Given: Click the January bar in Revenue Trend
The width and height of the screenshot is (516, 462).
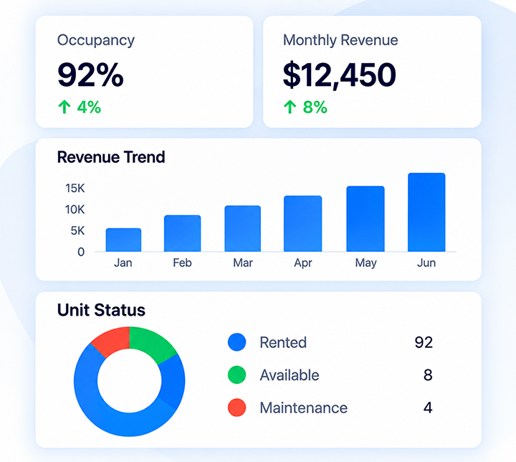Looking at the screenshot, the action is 123,240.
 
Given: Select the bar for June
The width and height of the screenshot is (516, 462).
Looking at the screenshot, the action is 426,212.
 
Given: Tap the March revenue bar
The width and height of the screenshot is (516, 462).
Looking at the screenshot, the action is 243,229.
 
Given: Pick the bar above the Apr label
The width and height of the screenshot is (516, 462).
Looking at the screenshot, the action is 302,224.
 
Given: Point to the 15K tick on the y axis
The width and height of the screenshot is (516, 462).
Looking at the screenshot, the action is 75,188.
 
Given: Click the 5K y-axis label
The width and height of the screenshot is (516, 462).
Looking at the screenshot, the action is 77,231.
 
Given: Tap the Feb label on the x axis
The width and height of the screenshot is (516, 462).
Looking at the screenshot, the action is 182,263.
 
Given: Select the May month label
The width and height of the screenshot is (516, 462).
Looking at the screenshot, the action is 366,263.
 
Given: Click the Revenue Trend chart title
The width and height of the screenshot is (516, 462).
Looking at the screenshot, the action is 111,157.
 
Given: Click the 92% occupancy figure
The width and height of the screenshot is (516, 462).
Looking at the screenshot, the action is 90,75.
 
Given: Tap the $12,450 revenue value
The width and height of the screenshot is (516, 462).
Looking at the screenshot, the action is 340,75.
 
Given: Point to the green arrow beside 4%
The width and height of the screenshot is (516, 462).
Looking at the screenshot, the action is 64,107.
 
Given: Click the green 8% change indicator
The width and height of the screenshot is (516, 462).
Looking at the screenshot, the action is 305,107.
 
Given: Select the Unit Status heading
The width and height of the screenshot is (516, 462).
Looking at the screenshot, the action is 101,310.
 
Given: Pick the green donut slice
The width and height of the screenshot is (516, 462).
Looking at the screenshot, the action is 152,344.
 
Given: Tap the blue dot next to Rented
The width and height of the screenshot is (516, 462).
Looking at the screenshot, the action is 237,342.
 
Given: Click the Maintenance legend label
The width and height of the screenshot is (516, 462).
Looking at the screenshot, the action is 303,408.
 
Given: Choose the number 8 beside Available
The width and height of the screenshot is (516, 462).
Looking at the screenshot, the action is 428,375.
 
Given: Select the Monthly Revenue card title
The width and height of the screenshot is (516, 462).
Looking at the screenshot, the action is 340,40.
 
